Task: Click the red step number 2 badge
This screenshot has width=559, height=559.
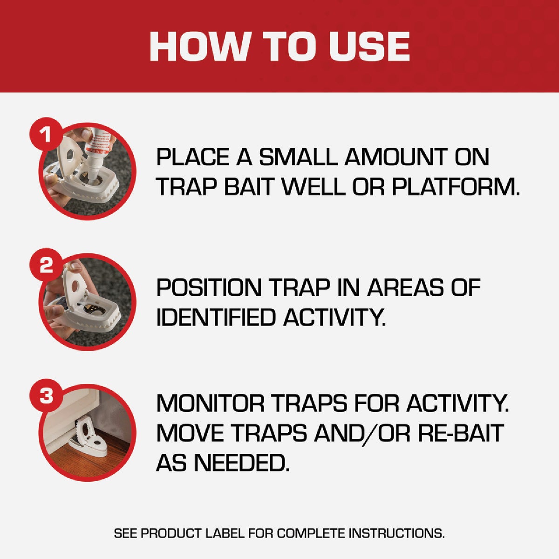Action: [x=46, y=266]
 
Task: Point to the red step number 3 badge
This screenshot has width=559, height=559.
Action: [x=46, y=396]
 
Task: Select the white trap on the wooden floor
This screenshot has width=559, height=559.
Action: [x=89, y=436]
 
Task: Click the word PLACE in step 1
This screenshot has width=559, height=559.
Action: [x=193, y=157]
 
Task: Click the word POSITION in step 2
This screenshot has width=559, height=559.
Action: [x=209, y=287]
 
